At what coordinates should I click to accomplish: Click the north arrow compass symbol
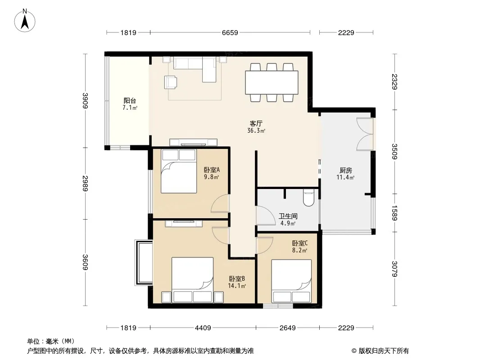coord(25,21)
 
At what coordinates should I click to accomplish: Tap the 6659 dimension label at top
coord(230,33)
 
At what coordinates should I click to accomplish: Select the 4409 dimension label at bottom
coord(203,328)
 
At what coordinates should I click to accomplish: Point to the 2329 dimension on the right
coord(394,81)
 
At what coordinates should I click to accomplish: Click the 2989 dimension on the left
coord(85,183)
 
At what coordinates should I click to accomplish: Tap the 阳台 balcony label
coord(130,101)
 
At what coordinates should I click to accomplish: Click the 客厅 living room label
coord(256,124)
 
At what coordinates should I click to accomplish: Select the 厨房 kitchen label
coord(346,171)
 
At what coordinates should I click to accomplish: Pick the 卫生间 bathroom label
coord(288,216)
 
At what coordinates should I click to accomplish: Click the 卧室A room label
coord(212,170)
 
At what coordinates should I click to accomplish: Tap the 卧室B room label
coord(237,279)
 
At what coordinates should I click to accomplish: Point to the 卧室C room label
coord(300,243)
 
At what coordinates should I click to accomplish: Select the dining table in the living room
coord(272,83)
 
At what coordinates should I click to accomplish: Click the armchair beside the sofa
coord(171,82)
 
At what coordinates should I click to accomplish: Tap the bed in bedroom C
coord(291,281)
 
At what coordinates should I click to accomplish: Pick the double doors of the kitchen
coord(365,134)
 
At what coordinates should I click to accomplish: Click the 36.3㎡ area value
coord(256,131)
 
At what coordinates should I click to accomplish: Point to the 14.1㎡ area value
coord(237,286)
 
